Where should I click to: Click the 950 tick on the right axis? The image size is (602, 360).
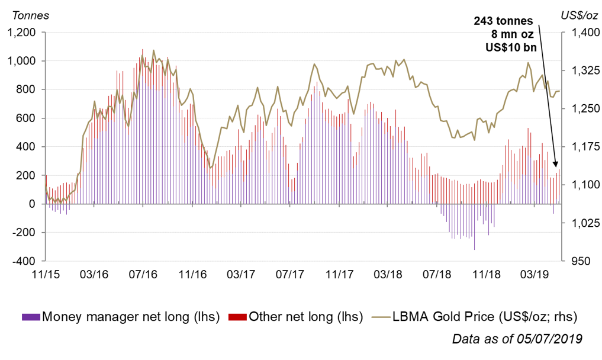(x=575, y=261)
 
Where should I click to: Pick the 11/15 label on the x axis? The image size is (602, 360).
(x=46, y=275)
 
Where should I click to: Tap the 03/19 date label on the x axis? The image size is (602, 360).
(x=535, y=275)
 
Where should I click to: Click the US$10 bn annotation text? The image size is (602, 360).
(x=506, y=47)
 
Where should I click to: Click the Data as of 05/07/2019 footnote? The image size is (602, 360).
(x=517, y=339)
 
